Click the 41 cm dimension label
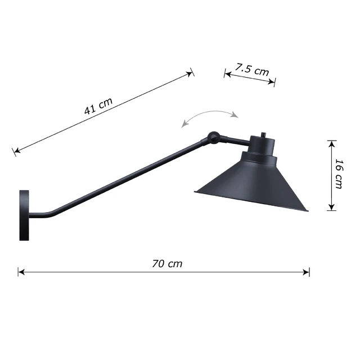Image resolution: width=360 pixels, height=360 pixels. [x=98, y=106]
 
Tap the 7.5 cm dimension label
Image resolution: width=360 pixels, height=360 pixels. [x=252, y=70]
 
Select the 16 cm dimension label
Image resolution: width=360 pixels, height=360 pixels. [x=339, y=174]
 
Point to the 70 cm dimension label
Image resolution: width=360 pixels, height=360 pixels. [x=167, y=264]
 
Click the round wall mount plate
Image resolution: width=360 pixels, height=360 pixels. [x=24, y=215]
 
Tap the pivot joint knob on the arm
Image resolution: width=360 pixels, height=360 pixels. [x=214, y=137]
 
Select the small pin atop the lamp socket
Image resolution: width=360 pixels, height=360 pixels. [x=264, y=134]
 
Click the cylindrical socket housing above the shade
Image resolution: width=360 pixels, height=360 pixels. [x=262, y=145]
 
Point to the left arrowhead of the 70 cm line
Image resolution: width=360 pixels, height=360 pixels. [x=21, y=272]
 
